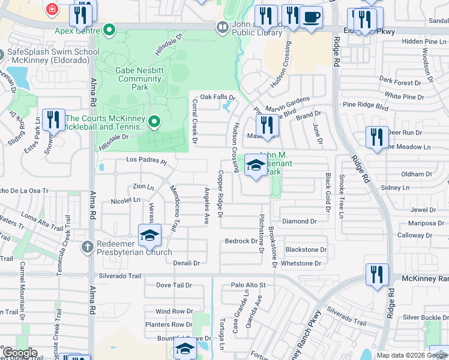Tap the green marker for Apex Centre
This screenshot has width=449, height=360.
tap(109, 29)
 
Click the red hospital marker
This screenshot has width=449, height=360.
tap(52, 10)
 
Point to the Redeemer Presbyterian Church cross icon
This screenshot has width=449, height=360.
tap(88, 246)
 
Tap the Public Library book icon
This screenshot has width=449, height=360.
tap(222, 27)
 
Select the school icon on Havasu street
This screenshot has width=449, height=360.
tap(149, 235)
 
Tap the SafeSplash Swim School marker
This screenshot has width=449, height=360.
tap(1, 52)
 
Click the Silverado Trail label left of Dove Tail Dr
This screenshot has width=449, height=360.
tap(121, 276)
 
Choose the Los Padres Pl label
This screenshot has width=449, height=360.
tap(146, 161)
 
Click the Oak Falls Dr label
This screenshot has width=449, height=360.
tap(217, 97)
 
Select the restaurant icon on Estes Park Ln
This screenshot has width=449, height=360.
tap(53, 119)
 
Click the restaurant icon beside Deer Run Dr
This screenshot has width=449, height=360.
tap(377, 137)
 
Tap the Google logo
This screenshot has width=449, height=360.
tap(20, 353)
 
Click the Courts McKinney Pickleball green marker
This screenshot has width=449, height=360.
tap(154, 122)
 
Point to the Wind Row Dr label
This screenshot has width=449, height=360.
tap(173, 311)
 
